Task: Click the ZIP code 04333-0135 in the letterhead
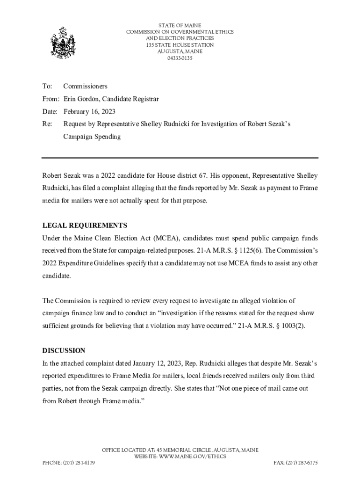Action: tap(180, 58)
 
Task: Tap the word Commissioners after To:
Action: tap(85, 86)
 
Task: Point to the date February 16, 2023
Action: tap(89, 112)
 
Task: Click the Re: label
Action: tap(47, 124)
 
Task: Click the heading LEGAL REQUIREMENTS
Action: tap(85, 225)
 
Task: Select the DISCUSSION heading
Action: tap(64, 350)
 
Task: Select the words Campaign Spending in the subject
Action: tap(92, 137)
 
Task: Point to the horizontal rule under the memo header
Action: tap(180, 158)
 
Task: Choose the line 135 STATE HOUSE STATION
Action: tap(180, 45)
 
